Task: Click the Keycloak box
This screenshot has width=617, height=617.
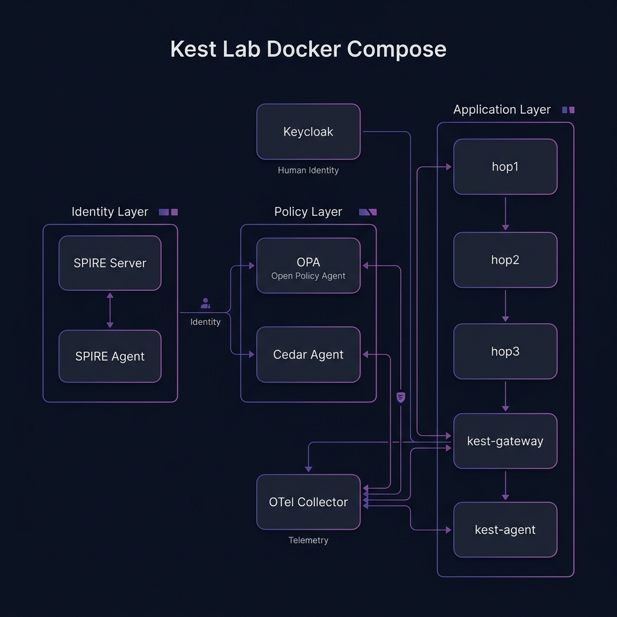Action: point(308,132)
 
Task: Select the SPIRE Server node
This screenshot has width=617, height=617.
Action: point(110,263)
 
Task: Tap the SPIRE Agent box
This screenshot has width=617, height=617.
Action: point(110,356)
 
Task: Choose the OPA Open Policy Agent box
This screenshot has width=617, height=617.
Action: point(308,266)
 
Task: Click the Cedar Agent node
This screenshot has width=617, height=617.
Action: point(308,355)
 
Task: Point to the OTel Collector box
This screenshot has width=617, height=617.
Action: point(308,502)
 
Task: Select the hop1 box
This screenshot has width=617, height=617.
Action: point(505,167)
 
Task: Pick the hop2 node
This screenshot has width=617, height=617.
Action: point(505,260)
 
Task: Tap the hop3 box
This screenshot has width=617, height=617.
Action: point(505,351)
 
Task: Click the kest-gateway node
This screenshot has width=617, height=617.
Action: point(505,441)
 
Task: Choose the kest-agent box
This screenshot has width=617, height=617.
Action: point(505,530)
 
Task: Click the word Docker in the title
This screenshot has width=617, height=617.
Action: point(308,49)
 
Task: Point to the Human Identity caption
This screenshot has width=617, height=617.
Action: point(308,171)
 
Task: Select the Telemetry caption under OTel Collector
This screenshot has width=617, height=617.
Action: point(308,540)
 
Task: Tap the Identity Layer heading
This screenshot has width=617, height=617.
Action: point(110,212)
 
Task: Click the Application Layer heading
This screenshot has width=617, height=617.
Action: point(502,110)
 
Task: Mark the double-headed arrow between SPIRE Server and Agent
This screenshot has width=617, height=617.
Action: point(110,310)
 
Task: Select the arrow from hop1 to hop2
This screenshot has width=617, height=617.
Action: point(505,213)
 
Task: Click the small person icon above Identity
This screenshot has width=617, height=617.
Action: point(205,303)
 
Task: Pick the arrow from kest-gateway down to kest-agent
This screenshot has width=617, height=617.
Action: point(505,485)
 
